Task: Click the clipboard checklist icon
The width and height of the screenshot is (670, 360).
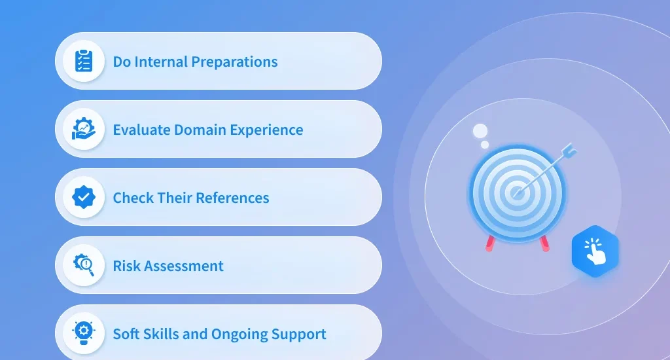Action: pyautogui.click(x=84, y=61)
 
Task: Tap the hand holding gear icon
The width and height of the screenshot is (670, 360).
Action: pyautogui.click(x=83, y=129)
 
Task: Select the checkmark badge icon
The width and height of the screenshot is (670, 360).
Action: pyautogui.click(x=84, y=197)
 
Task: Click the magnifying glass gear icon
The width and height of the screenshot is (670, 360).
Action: pyautogui.click(x=84, y=265)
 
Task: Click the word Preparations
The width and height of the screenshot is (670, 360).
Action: pyautogui.click(x=235, y=62)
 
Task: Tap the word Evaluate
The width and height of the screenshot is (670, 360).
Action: pyautogui.click(x=141, y=130)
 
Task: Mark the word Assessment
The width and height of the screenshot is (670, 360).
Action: pyautogui.click(x=183, y=266)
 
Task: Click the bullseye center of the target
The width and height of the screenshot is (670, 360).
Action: pyautogui.click(x=517, y=193)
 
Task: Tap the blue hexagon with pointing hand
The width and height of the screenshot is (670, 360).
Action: pyautogui.click(x=595, y=251)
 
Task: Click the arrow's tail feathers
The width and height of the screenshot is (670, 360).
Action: pyautogui.click(x=569, y=150)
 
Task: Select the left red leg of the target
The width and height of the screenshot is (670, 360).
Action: pyautogui.click(x=489, y=243)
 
